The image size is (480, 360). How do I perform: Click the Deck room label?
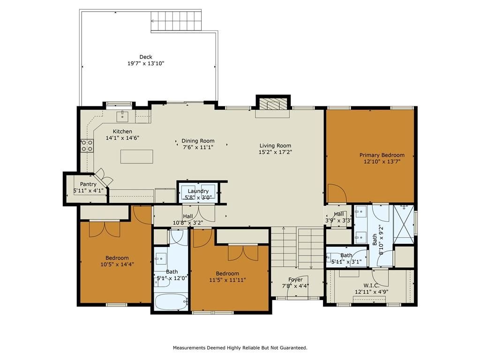tap(146, 57)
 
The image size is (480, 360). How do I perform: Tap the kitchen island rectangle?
tap(136, 157)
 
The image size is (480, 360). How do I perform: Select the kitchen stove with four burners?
tap(87, 146)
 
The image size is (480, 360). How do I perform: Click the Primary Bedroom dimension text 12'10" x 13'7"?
tap(382, 161)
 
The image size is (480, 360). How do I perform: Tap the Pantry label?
tap(88, 184)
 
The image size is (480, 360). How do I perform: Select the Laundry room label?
tap(198, 191)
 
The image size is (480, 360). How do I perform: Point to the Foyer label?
tap(295, 279)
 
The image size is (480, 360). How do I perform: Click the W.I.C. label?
tap(372, 285)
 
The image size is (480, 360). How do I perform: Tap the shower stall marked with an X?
tap(404, 224)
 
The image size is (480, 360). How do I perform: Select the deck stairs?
tap(176, 21)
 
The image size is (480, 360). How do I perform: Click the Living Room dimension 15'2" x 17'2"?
tap(275, 152)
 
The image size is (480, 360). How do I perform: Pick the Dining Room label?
tap(198, 141)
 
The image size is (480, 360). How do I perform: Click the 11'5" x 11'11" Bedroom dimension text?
tap(227, 280)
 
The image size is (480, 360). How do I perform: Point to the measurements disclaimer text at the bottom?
tap(240, 348)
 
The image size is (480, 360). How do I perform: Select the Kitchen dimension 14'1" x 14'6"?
tap(122, 138)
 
